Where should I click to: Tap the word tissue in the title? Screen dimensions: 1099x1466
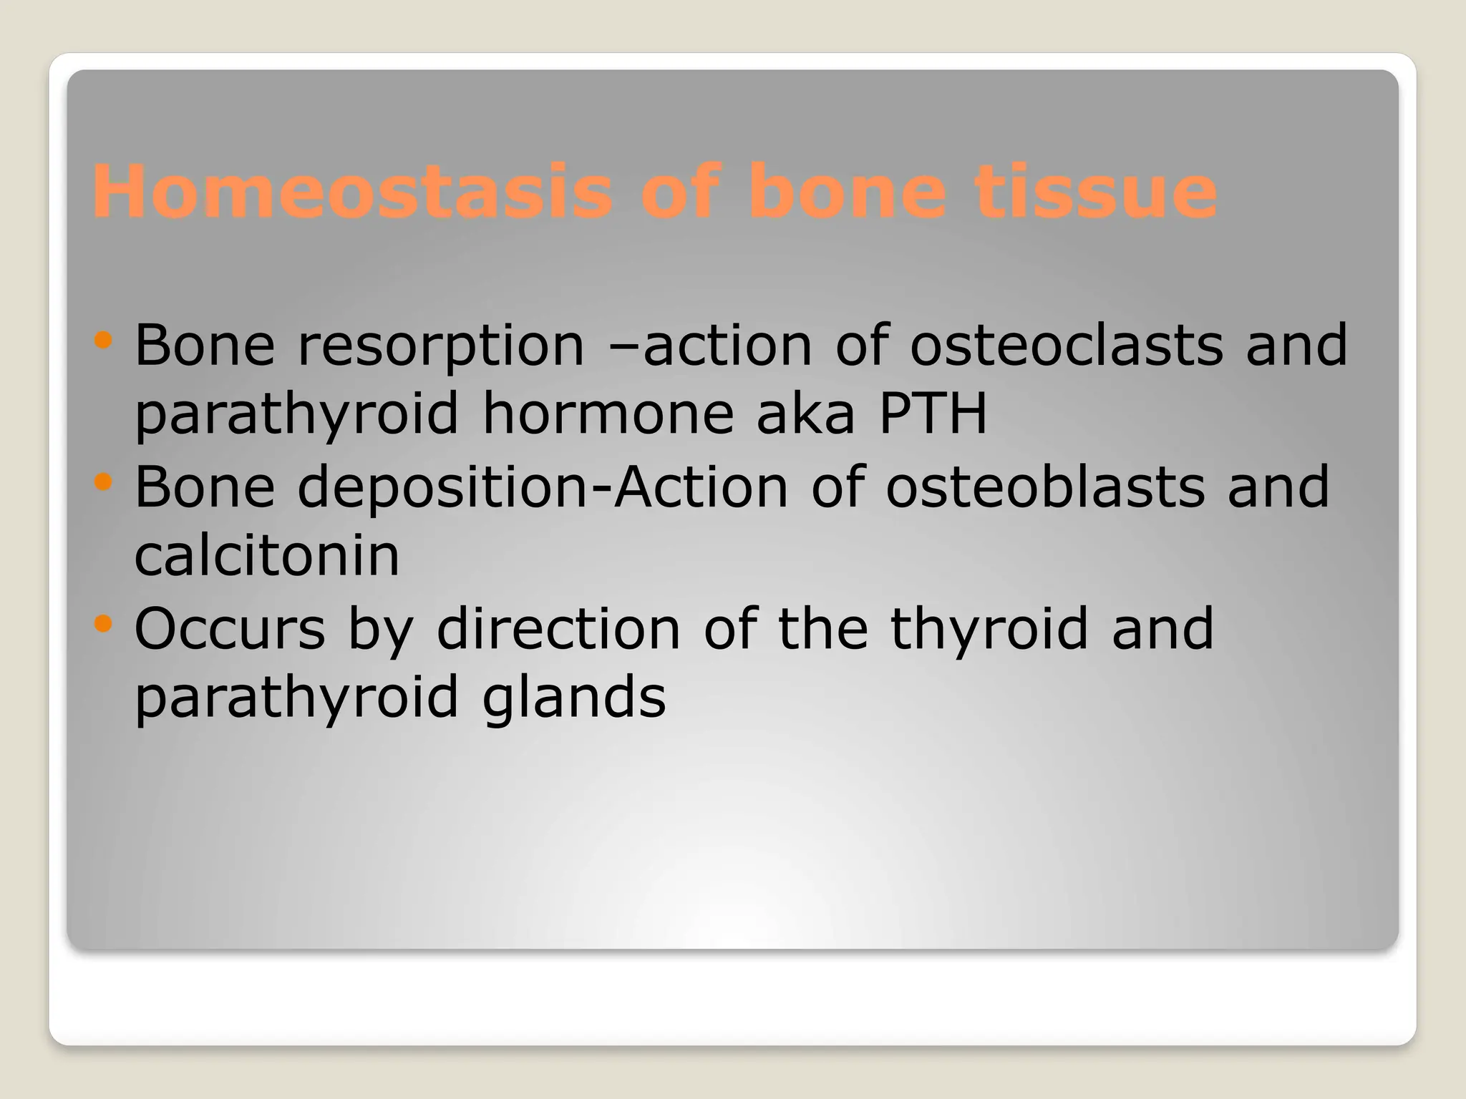click(1095, 191)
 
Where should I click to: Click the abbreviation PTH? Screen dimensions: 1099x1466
click(933, 414)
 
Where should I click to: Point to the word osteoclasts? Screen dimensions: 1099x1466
click(1066, 346)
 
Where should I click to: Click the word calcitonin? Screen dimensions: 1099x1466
click(266, 556)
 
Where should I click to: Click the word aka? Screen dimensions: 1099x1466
click(805, 414)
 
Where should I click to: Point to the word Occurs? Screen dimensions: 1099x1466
click(230, 629)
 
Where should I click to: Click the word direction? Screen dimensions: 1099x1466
click(558, 629)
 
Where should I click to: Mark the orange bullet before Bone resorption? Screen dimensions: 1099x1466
click(103, 340)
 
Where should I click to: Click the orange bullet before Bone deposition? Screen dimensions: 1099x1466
click(103, 482)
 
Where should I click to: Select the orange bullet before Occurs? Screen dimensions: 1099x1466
click(103, 624)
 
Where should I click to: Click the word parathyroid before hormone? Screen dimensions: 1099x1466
click(296, 416)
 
